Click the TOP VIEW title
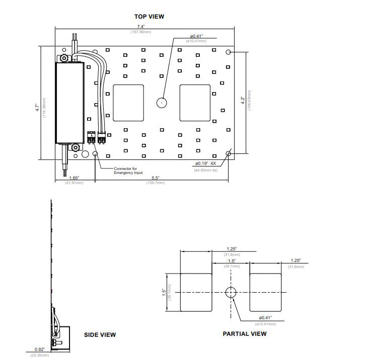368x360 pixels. (149, 17)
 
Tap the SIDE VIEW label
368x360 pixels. (100, 335)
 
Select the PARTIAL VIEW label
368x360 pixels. (245, 334)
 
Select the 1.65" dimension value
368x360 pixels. (74, 178)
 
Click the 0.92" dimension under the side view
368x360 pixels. (39, 349)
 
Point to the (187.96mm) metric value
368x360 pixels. (141, 32)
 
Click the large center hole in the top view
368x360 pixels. (161, 103)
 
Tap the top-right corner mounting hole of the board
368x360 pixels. (229, 52)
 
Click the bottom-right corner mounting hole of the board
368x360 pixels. (229, 154)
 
